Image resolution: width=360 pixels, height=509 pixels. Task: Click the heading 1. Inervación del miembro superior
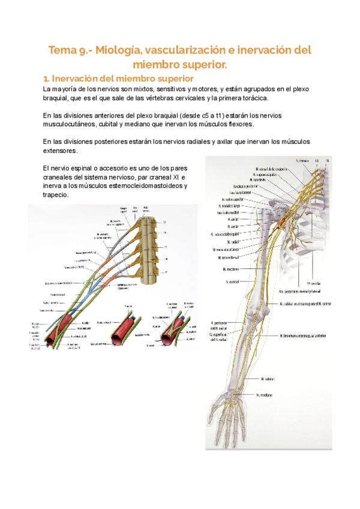pyautogui.click(x=118, y=78)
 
